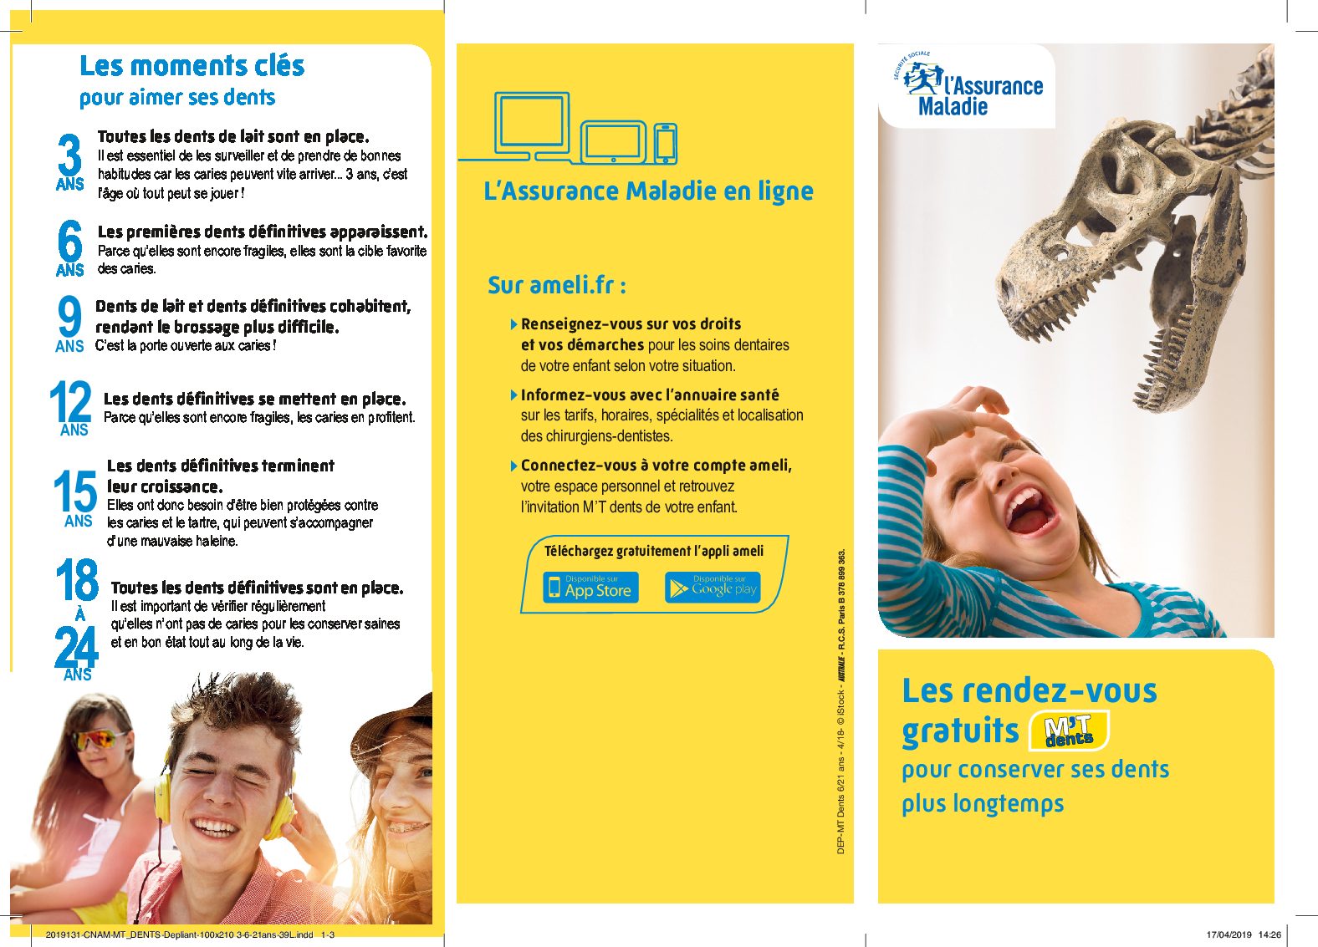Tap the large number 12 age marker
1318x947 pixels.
click(70, 401)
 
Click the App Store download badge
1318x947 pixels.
click(590, 587)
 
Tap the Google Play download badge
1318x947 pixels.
click(713, 587)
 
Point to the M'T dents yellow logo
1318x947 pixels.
click(1068, 731)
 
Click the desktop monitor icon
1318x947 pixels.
click(532, 124)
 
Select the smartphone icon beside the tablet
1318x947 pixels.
click(666, 143)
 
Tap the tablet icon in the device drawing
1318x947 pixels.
click(613, 141)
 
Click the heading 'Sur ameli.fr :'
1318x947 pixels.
click(557, 285)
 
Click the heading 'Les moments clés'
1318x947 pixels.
click(192, 66)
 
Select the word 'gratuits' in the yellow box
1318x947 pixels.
click(959, 731)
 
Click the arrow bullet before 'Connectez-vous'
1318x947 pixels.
click(513, 466)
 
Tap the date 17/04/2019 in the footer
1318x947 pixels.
click(1229, 935)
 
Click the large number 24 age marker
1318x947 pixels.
click(76, 647)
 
